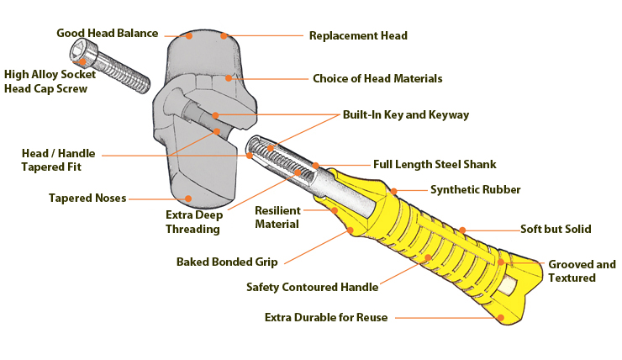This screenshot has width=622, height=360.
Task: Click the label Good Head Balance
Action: (x=107, y=34)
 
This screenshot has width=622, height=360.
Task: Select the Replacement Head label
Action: (x=358, y=36)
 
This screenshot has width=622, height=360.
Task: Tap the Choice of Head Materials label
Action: (x=377, y=79)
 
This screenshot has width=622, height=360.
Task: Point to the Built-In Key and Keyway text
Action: (x=405, y=114)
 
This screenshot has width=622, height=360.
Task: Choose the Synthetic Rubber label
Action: (x=475, y=190)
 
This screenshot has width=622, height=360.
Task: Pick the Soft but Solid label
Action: (x=555, y=229)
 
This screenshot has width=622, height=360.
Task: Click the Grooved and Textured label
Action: (x=582, y=271)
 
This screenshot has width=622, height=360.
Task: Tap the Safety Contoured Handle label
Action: (x=312, y=287)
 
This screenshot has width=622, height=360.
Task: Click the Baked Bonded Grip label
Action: (x=227, y=262)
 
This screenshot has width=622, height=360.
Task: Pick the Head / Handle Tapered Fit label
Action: (x=58, y=160)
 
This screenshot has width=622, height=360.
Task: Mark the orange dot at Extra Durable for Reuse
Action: (x=502, y=318)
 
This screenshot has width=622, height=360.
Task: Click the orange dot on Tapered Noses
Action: (x=188, y=199)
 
